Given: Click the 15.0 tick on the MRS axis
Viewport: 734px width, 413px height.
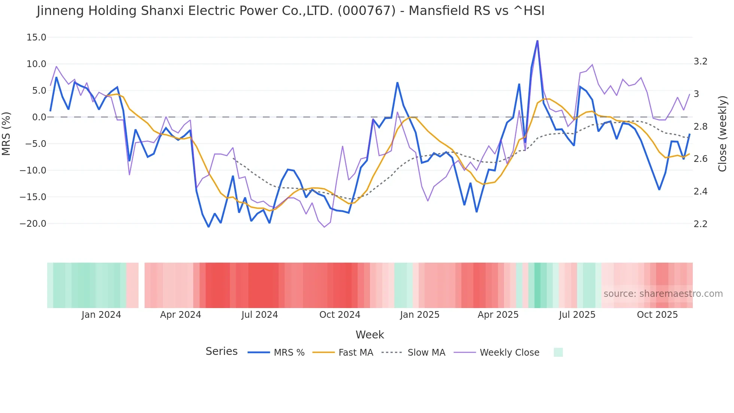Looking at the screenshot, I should [x=36, y=37].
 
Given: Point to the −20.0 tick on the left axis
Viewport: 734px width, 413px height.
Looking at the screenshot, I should [x=33, y=224].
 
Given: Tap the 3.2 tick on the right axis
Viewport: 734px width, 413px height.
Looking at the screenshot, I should [x=700, y=61].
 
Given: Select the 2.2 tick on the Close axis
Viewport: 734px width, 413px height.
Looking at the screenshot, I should [x=700, y=224].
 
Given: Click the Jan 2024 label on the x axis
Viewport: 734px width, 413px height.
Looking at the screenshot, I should [x=101, y=315].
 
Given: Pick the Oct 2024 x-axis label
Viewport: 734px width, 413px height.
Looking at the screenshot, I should [x=340, y=315].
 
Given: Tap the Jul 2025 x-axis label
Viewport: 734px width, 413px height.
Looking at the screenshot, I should [x=577, y=315].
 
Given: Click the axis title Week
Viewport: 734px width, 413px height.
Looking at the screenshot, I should [x=370, y=335].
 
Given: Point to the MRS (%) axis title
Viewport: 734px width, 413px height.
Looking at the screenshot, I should [x=6, y=134].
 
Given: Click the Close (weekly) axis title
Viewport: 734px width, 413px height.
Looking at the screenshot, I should [x=722, y=134].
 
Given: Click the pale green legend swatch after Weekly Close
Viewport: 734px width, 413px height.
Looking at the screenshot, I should [x=558, y=352].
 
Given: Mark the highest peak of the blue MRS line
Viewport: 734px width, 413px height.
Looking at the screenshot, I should [x=537, y=41].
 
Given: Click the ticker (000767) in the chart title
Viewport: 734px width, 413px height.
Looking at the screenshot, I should [x=366, y=11].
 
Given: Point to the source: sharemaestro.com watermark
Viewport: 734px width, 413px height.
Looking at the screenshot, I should [x=663, y=294].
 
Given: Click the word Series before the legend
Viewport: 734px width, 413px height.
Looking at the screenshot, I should [x=221, y=352].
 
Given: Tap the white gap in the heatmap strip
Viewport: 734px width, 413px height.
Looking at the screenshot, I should [x=142, y=285].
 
